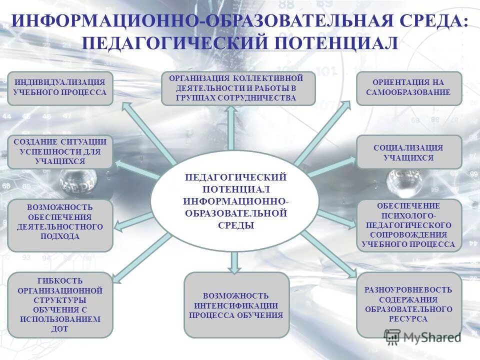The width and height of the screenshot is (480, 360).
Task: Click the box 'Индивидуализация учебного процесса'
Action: (60, 88)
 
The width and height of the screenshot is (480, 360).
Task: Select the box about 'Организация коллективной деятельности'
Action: (238, 88)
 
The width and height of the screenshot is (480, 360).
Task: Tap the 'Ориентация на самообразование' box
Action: (409, 88)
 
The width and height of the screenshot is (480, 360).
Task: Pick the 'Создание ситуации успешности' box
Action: (60, 151)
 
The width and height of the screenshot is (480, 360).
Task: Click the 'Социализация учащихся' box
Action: (409, 151)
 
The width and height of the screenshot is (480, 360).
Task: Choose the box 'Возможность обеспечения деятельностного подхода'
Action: (60, 225)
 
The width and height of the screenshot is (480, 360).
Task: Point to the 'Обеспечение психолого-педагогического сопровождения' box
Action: (409, 225)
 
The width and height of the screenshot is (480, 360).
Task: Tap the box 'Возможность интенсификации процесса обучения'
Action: (236, 305)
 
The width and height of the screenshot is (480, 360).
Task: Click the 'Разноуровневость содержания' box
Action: (409, 304)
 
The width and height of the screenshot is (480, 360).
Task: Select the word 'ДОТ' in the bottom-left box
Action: (59, 329)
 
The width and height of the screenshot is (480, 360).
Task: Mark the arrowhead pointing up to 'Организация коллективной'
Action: (231, 111)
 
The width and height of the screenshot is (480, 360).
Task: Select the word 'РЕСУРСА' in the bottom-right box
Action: (408, 319)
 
